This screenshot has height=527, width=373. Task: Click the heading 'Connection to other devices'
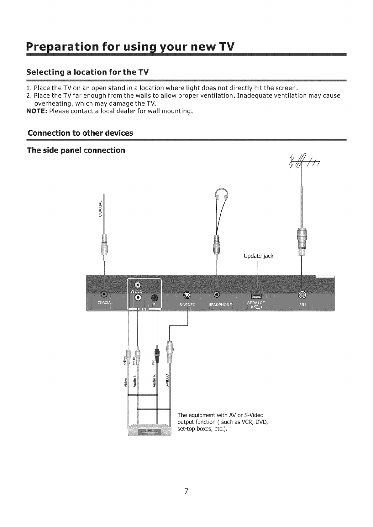81,133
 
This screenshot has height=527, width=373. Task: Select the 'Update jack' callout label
258,256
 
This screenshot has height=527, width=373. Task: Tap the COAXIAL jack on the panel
104,294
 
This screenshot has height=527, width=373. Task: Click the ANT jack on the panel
302,295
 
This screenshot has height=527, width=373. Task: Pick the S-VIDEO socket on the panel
187,295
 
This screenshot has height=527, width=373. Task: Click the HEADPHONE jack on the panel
217,295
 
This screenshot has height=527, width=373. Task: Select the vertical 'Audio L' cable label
135,381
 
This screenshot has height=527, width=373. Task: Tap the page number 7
186,491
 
